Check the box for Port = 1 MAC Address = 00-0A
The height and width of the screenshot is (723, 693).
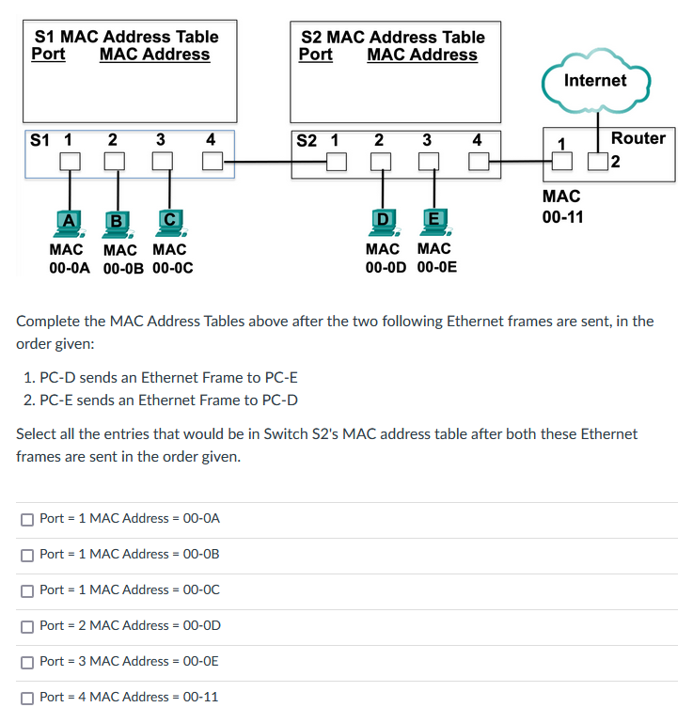[27, 518]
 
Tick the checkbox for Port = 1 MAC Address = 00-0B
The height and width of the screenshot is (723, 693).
[27, 554]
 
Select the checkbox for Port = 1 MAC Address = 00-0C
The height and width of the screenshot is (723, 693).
[27, 589]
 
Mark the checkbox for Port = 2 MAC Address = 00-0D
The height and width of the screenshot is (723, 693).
[27, 625]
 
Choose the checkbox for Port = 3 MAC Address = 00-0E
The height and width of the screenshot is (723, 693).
[27, 661]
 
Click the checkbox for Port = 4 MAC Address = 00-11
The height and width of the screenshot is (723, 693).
[27, 697]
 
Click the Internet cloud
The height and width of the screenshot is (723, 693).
[595, 81]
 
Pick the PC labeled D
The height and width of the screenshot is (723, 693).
[382, 222]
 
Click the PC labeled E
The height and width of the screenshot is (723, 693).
[433, 222]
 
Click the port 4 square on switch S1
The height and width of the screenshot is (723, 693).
[212, 162]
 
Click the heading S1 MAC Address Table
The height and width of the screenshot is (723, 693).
[126, 37]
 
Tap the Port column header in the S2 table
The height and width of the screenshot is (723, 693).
[315, 55]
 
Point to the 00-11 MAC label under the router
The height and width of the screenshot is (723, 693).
[562, 217]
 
